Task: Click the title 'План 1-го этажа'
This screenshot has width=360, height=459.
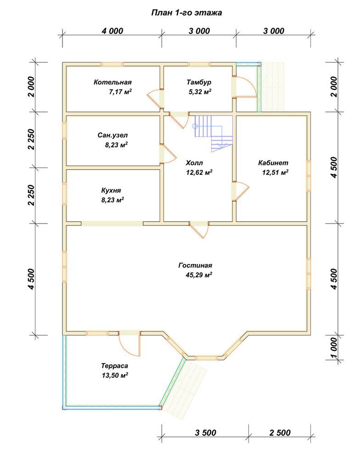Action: point(186,13)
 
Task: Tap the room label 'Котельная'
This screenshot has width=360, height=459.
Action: point(112,82)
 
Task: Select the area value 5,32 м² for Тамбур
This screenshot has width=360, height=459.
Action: point(200,92)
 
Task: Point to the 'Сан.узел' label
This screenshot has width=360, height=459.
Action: point(112,135)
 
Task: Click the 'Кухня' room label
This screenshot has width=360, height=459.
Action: point(111,190)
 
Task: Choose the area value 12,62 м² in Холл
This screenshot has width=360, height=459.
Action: point(199,173)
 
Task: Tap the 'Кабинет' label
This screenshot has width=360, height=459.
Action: point(273,163)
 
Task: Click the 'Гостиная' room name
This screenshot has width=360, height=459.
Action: point(195,265)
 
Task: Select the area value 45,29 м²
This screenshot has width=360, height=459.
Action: point(199,275)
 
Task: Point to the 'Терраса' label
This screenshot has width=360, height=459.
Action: point(114,366)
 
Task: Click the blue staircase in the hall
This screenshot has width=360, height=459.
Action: point(214,134)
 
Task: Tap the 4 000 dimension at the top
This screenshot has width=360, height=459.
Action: point(112,31)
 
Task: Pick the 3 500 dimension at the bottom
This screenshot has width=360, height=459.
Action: point(206,433)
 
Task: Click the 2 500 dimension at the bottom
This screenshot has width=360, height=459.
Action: point(280,433)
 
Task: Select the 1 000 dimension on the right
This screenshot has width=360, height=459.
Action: point(334,348)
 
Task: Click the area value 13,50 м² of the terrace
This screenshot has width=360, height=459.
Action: point(115,375)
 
